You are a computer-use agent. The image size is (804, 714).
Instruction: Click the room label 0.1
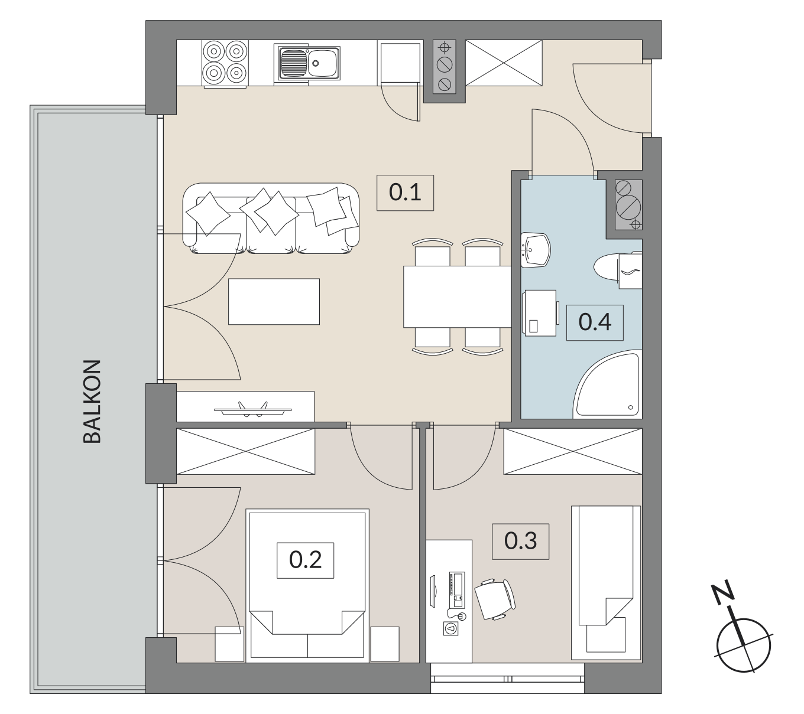click(405, 193)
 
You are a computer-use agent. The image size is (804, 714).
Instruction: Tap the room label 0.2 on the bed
click(305, 560)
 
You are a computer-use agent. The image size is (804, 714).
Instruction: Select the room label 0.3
click(520, 541)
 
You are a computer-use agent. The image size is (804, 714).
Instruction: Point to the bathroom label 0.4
click(595, 322)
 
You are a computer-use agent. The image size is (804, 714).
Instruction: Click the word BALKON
click(92, 401)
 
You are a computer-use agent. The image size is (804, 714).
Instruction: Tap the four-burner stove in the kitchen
click(225, 63)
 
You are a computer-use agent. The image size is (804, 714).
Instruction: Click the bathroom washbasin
click(535, 250)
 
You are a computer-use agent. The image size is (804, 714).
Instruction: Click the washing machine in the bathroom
click(540, 313)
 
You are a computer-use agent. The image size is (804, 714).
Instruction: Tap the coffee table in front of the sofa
click(274, 302)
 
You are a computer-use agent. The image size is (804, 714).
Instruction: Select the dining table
click(457, 296)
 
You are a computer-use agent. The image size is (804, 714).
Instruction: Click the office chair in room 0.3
click(495, 599)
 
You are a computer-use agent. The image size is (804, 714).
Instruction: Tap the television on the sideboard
click(253, 410)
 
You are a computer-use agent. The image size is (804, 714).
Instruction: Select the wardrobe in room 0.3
click(573, 452)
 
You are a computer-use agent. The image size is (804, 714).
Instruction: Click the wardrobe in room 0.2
click(246, 452)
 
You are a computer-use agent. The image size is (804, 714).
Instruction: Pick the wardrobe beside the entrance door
click(504, 63)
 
